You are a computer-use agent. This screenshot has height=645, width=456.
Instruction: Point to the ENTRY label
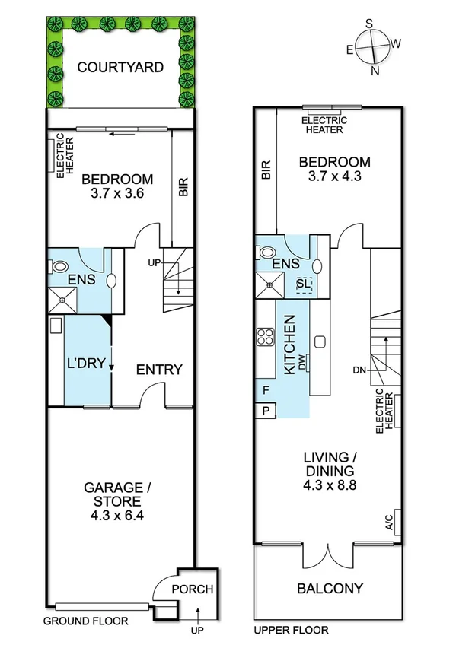pyautogui.click(x=159, y=370)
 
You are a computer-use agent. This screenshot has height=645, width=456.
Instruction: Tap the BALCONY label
pyautogui.click(x=330, y=588)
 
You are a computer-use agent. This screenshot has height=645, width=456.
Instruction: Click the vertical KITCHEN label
pyautogui.click(x=289, y=345)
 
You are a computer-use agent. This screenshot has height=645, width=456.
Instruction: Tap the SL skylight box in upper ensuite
pyautogui.click(x=304, y=284)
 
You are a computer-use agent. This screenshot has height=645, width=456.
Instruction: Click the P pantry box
pyautogui.click(x=266, y=411)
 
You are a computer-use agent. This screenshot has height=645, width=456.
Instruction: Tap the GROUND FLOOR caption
pyautogui.click(x=85, y=621)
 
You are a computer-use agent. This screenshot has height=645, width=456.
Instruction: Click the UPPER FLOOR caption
pyautogui.click(x=290, y=630)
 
